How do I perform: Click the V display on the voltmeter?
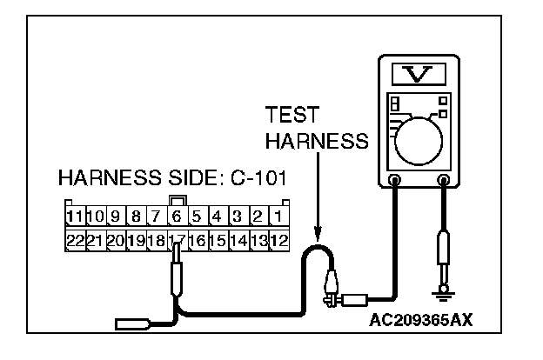418,74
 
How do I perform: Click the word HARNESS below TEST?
317,141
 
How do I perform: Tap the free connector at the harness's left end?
131,326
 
